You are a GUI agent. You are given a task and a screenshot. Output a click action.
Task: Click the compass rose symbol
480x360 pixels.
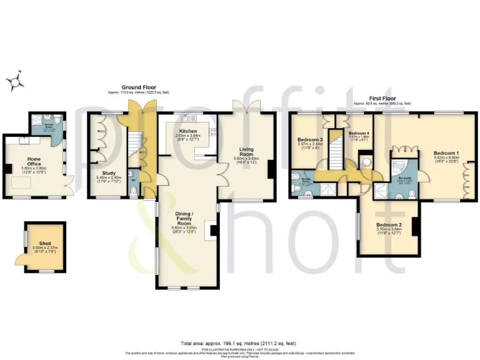coord(17,81)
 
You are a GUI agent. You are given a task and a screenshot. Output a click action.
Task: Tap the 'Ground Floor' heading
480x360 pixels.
coord(138,87)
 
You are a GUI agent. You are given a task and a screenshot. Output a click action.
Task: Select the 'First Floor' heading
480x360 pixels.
coord(382,97)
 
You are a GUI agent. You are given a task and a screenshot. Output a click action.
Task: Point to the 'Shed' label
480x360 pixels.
coord(44,244)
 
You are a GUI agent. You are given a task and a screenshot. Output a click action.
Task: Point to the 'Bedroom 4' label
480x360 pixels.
coord(358,134)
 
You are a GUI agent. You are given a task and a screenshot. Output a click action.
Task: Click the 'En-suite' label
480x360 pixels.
coord(404,177)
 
